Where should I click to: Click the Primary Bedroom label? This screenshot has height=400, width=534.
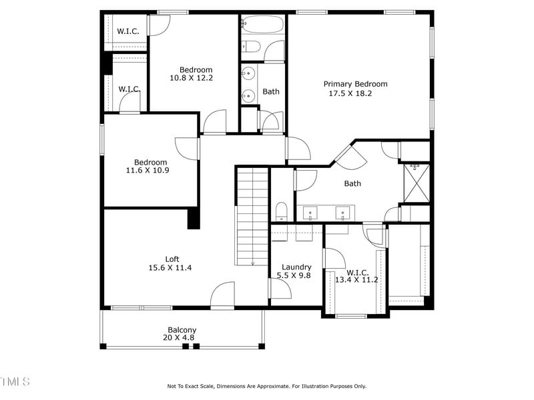(355, 84)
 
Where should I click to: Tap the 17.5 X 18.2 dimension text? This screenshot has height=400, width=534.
(350, 94)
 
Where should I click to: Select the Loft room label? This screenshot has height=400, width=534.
(172, 259)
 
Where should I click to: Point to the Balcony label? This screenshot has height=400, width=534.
(182, 330)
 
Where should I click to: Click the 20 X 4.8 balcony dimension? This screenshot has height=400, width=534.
(180, 338)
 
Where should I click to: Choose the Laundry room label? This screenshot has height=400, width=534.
(296, 267)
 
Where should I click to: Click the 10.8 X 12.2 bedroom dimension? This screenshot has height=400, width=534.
(192, 79)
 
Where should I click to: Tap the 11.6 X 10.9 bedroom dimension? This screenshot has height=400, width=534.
(148, 171)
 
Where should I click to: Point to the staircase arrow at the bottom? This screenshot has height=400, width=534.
(253, 263)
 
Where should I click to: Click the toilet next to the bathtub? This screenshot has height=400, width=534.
(252, 46)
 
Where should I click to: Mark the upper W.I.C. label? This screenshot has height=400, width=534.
(127, 31)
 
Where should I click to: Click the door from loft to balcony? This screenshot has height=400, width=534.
(223, 296)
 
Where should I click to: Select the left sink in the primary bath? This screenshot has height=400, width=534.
(310, 214)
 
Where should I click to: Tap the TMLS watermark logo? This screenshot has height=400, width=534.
(15, 381)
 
